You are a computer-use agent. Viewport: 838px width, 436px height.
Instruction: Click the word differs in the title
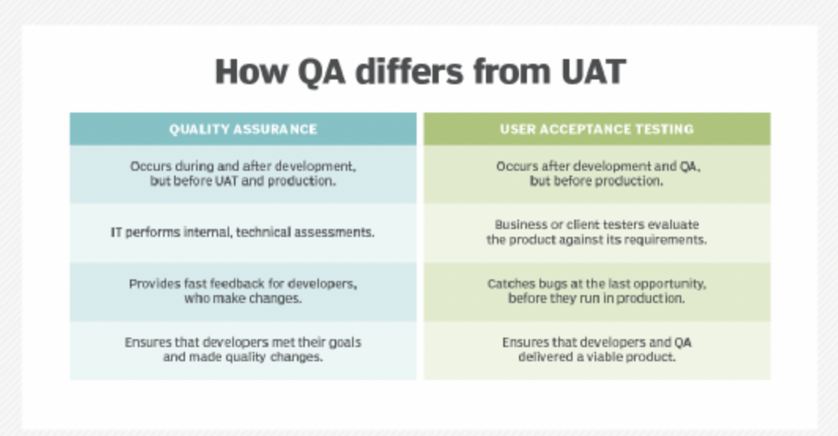(x=409, y=72)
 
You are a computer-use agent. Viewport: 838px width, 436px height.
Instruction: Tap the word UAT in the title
(x=593, y=72)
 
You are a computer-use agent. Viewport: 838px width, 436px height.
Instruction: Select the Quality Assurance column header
(x=243, y=129)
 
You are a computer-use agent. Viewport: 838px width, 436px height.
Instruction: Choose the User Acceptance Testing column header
(x=597, y=129)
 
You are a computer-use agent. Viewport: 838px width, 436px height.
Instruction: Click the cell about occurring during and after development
(x=243, y=174)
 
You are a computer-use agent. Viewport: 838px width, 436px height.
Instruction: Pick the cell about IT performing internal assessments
(x=243, y=233)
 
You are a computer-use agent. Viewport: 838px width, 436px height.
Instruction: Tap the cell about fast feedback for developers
(x=243, y=292)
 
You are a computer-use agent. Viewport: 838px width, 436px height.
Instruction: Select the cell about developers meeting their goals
(x=243, y=350)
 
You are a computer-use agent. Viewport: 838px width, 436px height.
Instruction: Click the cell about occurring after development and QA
(x=597, y=174)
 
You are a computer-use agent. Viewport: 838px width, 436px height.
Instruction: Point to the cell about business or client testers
(x=597, y=233)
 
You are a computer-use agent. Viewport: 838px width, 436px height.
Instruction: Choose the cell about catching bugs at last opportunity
(x=597, y=292)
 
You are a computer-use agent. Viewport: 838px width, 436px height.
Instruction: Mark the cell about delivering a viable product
(x=597, y=350)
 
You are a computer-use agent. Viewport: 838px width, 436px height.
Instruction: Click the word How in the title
(x=251, y=72)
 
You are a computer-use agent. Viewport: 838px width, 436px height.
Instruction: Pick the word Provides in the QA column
(x=149, y=284)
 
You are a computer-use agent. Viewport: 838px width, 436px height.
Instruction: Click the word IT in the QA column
(x=116, y=232)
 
